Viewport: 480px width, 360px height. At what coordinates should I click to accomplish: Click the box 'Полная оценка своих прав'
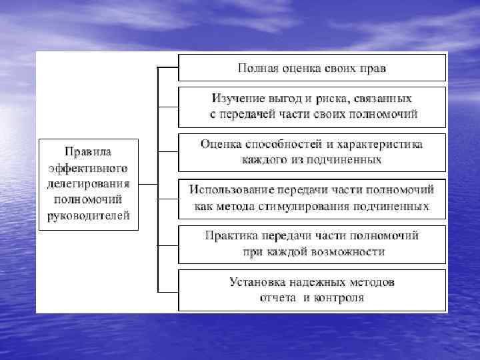(311, 68)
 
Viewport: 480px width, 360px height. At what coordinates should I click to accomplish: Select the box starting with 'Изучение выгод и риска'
(311, 106)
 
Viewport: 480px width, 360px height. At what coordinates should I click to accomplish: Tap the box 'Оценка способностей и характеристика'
(311, 152)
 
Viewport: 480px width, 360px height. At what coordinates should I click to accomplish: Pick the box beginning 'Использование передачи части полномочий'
(311, 198)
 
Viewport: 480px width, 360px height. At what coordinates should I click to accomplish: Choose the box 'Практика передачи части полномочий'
(311, 243)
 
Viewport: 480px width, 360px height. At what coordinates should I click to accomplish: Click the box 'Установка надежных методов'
(311, 289)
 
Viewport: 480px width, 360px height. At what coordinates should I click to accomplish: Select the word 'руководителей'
(88, 215)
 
